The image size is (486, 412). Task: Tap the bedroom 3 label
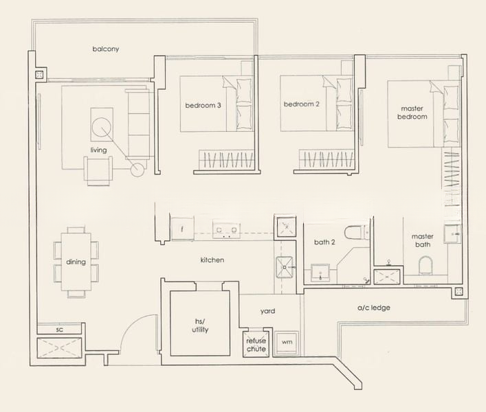coord(203,106)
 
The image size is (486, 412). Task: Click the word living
coord(99,150)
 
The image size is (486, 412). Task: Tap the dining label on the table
coord(76,262)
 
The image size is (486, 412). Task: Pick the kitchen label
coord(212,260)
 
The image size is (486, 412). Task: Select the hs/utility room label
coord(201,325)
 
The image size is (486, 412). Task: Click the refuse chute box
coord(256,343)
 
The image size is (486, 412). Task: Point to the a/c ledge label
coord(373,308)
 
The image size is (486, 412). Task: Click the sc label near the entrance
coord(59,330)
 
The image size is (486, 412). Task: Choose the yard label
coord(267,311)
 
